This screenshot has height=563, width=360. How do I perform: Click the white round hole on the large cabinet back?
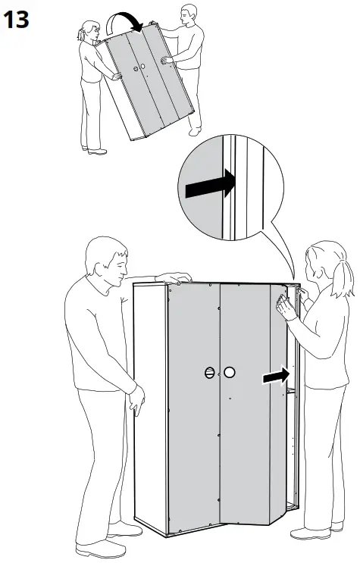click(230, 373)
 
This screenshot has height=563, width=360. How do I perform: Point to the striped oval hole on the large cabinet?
click(210, 373)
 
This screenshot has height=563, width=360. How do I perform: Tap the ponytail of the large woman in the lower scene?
click(348, 280)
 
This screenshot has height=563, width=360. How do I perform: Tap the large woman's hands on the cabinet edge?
click(286, 305)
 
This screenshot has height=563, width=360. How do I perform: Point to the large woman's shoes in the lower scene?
click(315, 530)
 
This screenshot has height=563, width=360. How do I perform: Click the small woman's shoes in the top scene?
click(93, 151)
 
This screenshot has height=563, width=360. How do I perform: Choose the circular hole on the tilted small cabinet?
click(142, 68)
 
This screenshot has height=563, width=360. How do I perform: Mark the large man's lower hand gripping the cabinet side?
click(136, 397)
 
